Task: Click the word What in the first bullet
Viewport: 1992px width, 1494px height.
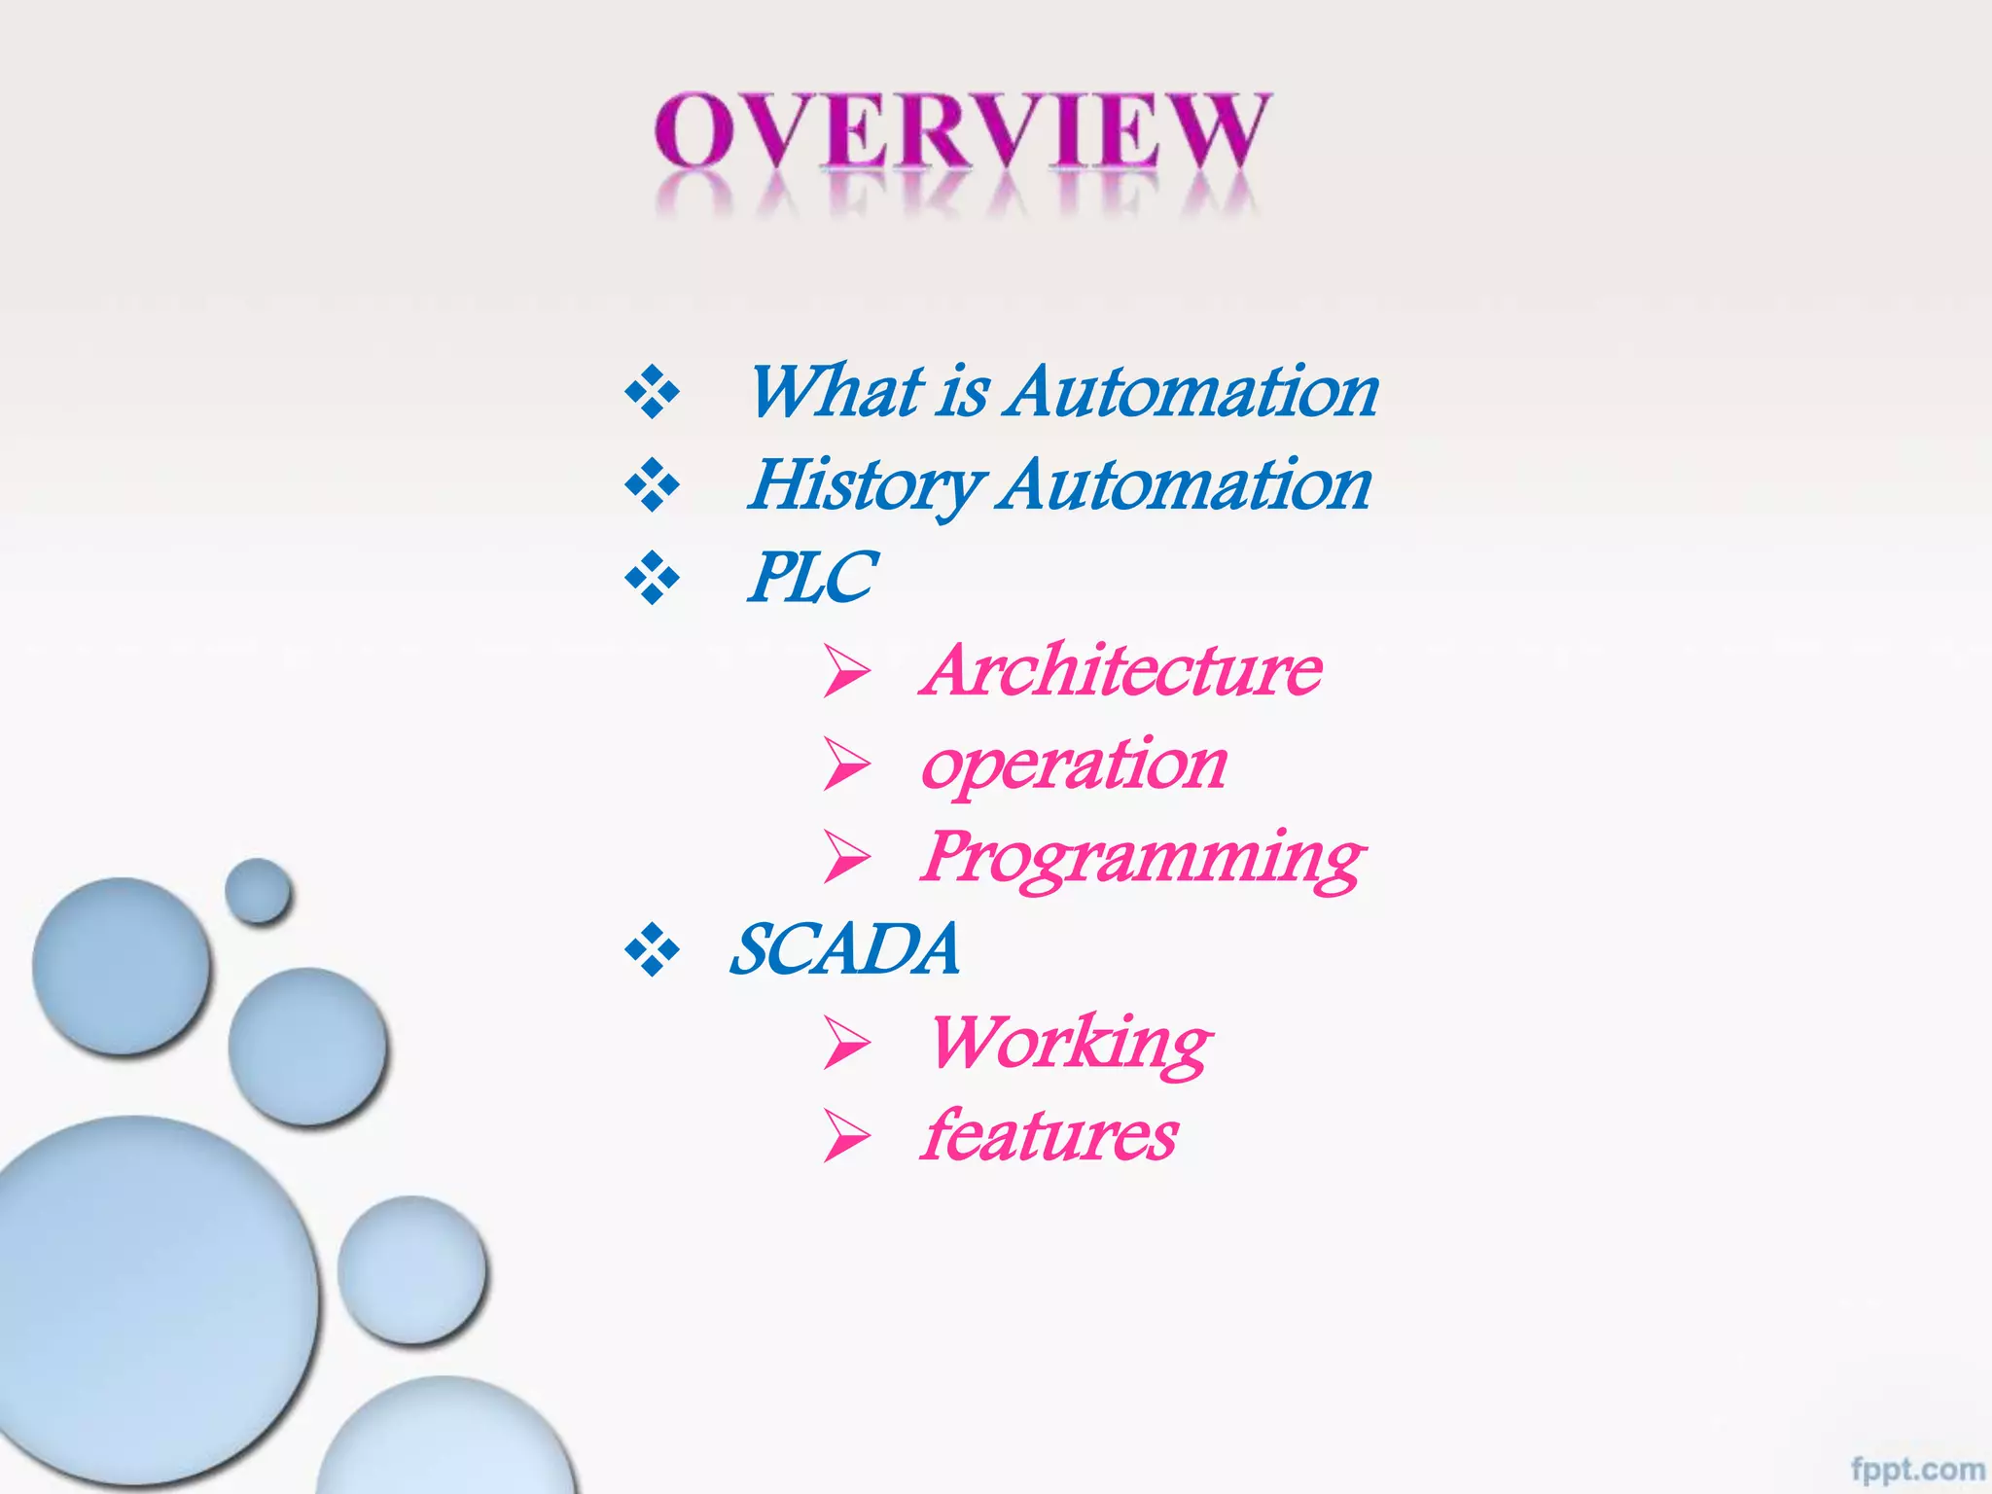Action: tap(836, 392)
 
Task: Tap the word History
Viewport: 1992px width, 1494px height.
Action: tap(866, 485)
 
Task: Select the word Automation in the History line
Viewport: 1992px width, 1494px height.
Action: tap(1186, 485)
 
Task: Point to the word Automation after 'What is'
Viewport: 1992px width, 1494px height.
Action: tap(1192, 392)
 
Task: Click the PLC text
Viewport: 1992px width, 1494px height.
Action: tap(813, 578)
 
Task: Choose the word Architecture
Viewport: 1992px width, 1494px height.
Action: tap(1123, 670)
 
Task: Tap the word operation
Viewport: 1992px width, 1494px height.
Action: tap(1074, 765)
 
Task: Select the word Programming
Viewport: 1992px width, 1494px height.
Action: tap(1143, 858)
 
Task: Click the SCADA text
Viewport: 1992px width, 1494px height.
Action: tap(844, 950)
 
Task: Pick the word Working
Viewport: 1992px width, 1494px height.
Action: tap(1070, 1044)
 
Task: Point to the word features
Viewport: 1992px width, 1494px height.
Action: tap(1049, 1136)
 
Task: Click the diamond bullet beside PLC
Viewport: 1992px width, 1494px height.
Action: tap(652, 579)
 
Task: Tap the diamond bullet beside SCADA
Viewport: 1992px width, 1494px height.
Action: tap(652, 951)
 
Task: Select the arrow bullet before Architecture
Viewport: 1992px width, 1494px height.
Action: tap(846, 671)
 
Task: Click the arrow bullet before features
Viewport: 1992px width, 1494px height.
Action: tap(846, 1136)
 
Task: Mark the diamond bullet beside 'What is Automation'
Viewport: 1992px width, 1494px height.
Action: tap(652, 393)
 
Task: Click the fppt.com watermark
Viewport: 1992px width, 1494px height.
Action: tap(1917, 1469)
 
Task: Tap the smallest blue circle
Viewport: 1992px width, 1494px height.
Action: tap(258, 890)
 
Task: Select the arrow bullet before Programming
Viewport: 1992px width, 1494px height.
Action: tap(846, 857)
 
